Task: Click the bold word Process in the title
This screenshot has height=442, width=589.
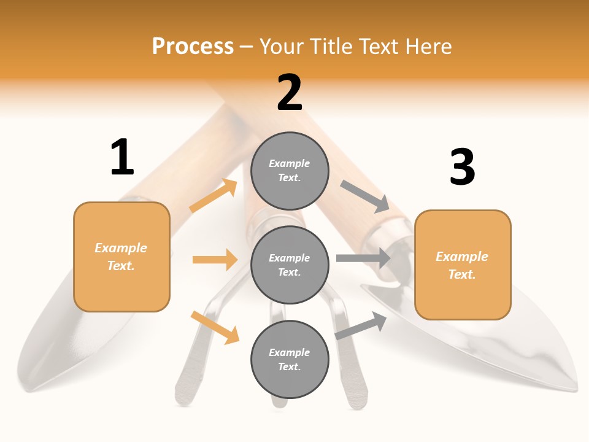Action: (x=193, y=47)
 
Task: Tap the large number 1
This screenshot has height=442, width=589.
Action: (x=122, y=158)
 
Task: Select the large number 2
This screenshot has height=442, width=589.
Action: (x=290, y=93)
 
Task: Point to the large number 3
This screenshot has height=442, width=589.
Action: (x=462, y=168)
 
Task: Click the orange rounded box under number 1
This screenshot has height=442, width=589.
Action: (x=121, y=257)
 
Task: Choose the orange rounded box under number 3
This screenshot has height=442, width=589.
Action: (x=463, y=265)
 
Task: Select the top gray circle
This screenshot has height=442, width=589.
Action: (x=290, y=171)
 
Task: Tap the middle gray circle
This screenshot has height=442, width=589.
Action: (x=290, y=265)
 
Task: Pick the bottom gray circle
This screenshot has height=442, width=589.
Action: (x=290, y=359)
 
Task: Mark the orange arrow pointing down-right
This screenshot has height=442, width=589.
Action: (x=215, y=327)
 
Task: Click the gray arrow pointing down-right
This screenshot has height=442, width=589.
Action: (x=364, y=196)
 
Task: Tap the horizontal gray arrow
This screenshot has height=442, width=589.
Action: (x=363, y=258)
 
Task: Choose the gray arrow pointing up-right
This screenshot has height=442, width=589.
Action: (x=361, y=326)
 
